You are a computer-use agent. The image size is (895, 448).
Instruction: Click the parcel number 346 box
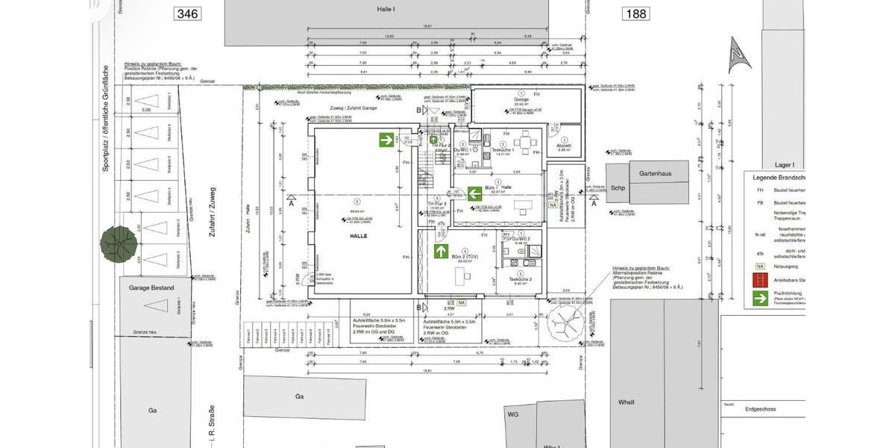point(187,13)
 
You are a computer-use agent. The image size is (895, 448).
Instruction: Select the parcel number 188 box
point(636,13)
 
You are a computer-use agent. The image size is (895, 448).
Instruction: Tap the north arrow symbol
point(738,55)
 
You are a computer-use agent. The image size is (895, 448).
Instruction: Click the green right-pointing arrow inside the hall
point(386,139)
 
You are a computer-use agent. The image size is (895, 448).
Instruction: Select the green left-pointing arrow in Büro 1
point(474,194)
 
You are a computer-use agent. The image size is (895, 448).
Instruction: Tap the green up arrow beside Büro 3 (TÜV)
point(442,251)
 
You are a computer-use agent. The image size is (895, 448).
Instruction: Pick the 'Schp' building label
point(617,188)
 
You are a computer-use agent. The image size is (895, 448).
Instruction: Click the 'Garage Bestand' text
point(151,287)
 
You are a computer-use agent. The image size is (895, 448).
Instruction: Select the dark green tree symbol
point(119,241)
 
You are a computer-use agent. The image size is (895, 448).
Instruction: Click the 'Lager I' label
point(784,164)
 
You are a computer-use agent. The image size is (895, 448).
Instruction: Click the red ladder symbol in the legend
point(760,281)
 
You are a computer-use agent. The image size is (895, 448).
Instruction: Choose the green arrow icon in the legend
point(760,299)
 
